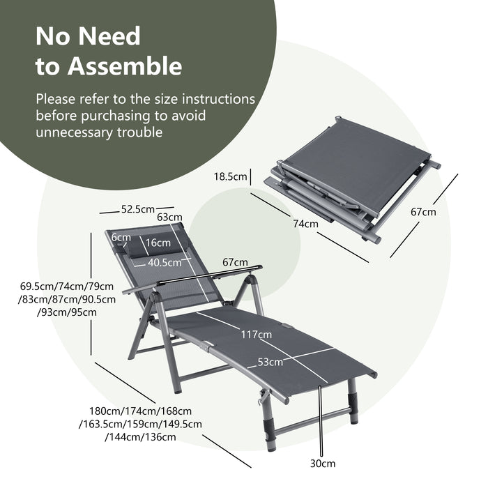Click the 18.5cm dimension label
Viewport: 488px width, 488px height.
coord(231,178)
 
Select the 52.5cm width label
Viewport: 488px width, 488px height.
coord(137,208)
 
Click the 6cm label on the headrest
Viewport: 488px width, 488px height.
coord(121,237)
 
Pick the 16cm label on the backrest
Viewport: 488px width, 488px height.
coord(158,242)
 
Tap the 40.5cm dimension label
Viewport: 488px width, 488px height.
coord(165,263)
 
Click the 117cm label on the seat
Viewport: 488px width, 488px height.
coord(256,335)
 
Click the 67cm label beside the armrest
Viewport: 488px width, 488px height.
coord(235,262)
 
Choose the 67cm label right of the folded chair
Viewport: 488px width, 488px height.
coord(423,212)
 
